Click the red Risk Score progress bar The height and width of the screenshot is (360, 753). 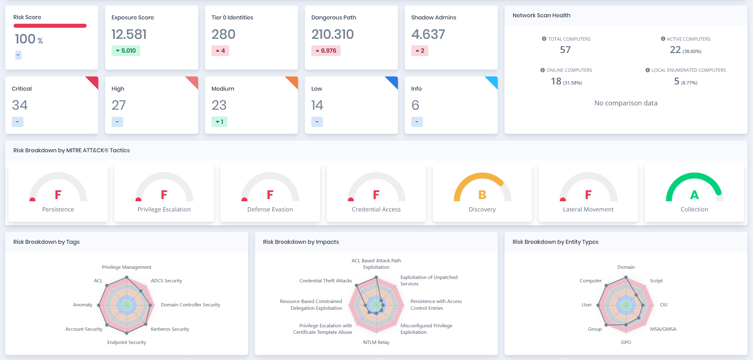click(50, 26)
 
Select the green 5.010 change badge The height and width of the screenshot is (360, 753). click(126, 51)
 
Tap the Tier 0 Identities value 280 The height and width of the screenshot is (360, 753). click(223, 34)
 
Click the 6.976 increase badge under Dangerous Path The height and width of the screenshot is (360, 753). click(326, 51)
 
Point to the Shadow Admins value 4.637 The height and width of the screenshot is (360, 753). click(428, 34)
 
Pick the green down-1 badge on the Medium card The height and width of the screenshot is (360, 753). click(219, 122)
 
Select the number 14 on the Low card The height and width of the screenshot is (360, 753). click(317, 105)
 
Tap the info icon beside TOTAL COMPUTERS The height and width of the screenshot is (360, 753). click(544, 39)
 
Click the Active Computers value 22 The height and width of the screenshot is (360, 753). click(675, 50)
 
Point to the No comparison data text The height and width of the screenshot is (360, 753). click(626, 103)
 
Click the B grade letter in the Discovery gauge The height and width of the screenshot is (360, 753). click(482, 195)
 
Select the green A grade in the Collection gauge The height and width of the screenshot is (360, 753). click(694, 195)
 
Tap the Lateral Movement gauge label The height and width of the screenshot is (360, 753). click(588, 210)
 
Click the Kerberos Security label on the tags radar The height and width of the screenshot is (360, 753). click(170, 329)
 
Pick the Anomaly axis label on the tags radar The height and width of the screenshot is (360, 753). click(83, 305)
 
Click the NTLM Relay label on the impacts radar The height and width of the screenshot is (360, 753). click(376, 342)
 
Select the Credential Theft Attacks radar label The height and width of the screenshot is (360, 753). click(325, 281)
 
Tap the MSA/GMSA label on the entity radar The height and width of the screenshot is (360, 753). click(663, 329)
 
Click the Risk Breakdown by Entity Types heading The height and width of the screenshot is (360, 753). click(555, 242)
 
